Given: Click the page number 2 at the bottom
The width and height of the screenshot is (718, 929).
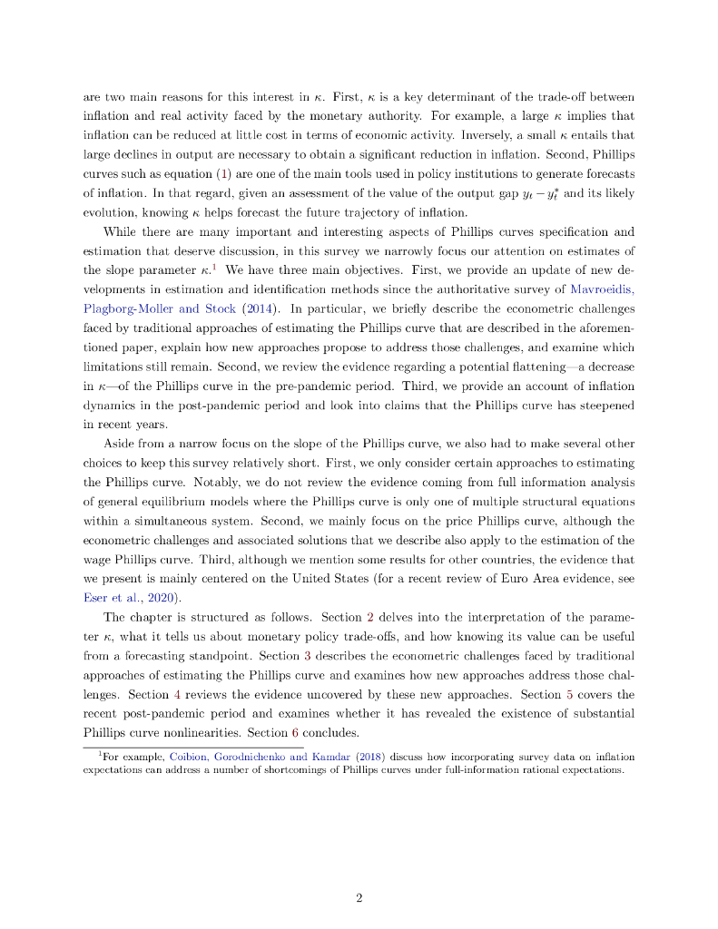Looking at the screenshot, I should tap(359, 898).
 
